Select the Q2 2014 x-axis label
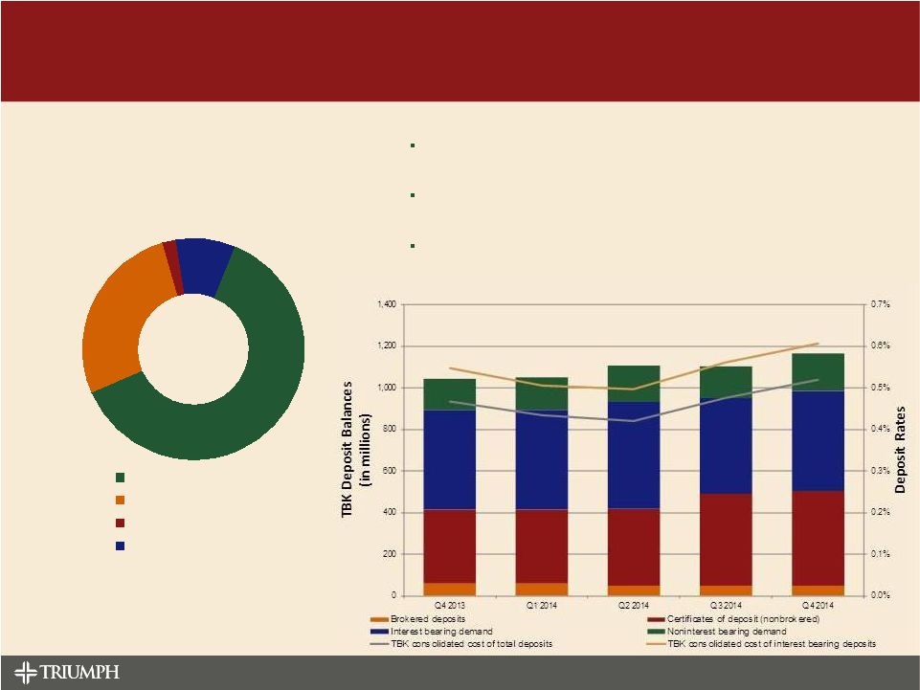[632, 606]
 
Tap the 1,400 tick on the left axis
[386, 304]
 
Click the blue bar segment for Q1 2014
[541, 459]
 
